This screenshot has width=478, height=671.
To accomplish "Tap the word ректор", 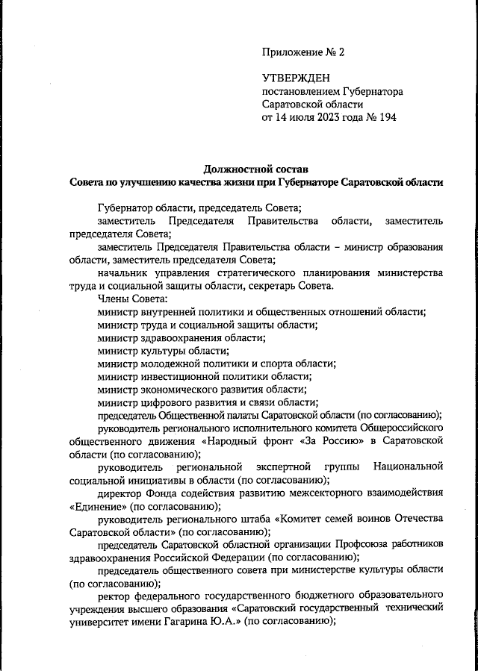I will [x=114, y=596].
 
